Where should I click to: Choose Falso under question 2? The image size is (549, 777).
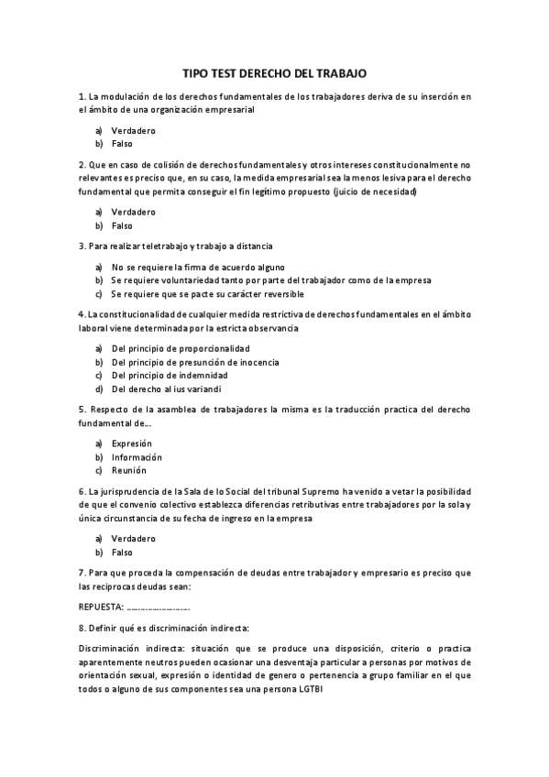[x=122, y=225]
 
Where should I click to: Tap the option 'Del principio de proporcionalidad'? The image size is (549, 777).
[x=181, y=348]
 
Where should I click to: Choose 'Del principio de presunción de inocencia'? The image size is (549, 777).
[x=195, y=362]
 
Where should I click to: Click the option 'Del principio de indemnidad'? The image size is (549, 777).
[x=170, y=375]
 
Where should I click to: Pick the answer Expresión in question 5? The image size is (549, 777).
[x=131, y=443]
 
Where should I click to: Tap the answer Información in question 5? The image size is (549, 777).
[x=137, y=457]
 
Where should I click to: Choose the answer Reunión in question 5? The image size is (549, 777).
[x=129, y=470]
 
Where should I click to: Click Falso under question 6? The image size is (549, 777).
[x=122, y=553]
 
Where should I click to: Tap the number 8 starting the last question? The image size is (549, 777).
[x=82, y=628]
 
